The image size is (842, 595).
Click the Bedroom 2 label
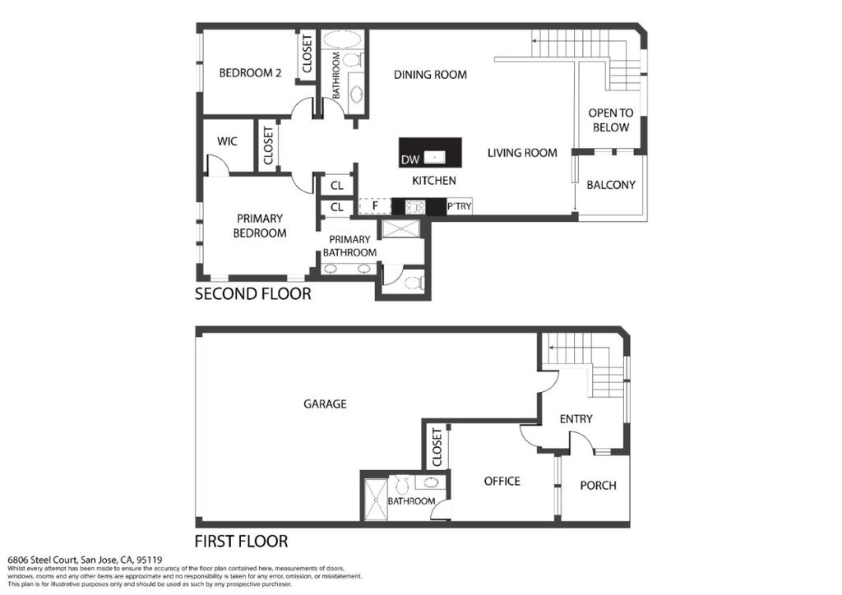click(x=250, y=73)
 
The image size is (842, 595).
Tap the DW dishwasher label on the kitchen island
click(x=410, y=159)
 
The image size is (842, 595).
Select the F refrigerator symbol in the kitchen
click(x=375, y=206)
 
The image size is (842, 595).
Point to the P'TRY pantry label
click(x=459, y=206)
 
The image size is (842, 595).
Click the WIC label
click(x=227, y=141)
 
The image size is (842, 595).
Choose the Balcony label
click(x=611, y=185)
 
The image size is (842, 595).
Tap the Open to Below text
click(x=611, y=120)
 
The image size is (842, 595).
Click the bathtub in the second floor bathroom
click(x=343, y=41)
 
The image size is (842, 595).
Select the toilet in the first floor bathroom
click(x=401, y=485)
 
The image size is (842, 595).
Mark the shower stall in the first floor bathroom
click(x=376, y=500)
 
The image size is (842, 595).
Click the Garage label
click(x=325, y=404)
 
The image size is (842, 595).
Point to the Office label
click(x=502, y=482)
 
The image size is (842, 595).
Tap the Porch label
click(x=599, y=486)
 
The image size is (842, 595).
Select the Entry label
click(x=576, y=419)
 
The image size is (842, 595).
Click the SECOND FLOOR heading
click(x=253, y=294)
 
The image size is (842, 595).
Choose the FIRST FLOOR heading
click(x=241, y=542)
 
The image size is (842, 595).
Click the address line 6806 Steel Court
click(x=85, y=560)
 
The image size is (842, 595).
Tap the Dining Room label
click(x=430, y=75)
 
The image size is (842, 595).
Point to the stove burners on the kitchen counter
click(x=415, y=206)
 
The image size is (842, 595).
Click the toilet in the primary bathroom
click(x=414, y=282)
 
